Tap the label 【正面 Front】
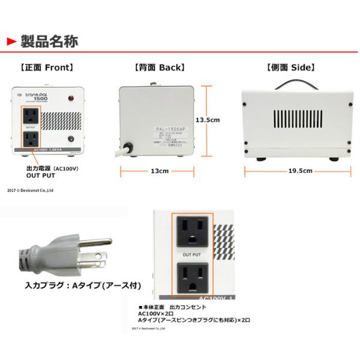click(46, 68)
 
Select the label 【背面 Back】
click(159, 68)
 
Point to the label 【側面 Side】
click(291, 68)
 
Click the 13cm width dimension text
click(159, 171)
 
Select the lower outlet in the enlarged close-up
click(192, 278)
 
